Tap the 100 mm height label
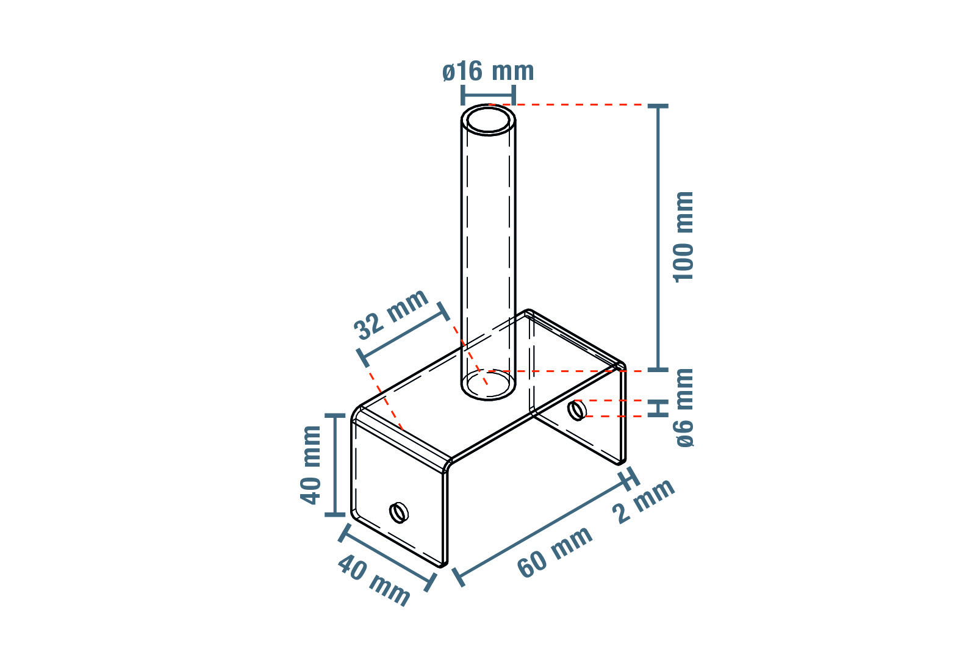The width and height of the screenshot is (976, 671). [683, 237]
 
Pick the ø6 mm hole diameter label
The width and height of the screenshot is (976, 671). [684, 408]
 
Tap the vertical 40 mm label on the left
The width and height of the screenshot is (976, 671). [310, 465]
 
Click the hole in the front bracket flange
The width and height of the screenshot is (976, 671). [399, 513]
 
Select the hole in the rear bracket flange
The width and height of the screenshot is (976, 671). [576, 411]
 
